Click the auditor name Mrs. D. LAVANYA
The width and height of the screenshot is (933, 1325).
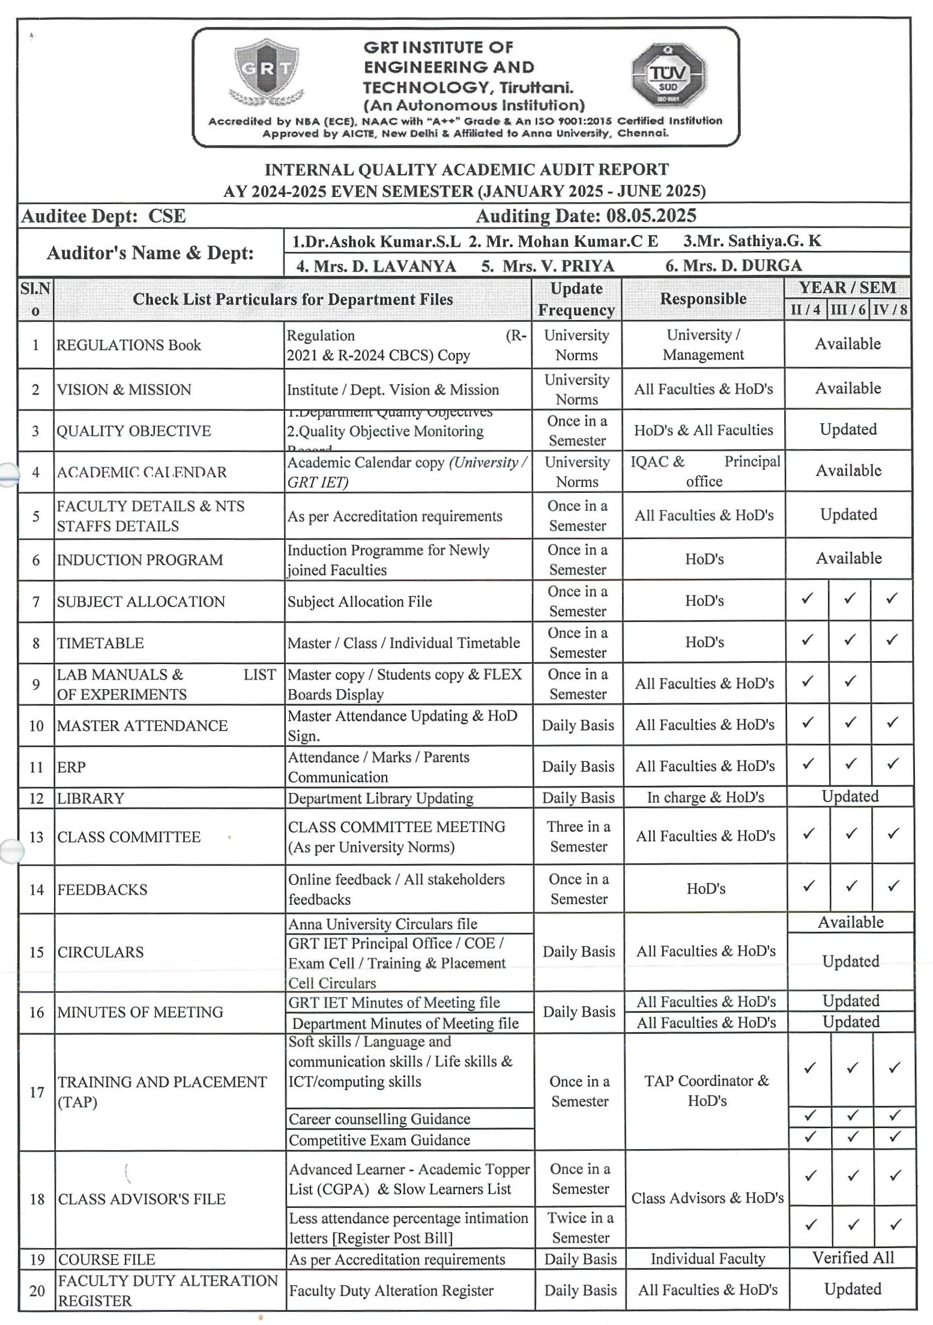pyautogui.click(x=376, y=266)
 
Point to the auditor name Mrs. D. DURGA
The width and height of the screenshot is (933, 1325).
pyautogui.click(x=733, y=265)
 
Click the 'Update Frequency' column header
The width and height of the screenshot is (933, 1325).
pyautogui.click(x=576, y=299)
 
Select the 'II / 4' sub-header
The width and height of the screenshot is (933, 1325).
pyautogui.click(x=805, y=310)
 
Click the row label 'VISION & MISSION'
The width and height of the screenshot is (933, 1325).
pyautogui.click(x=124, y=390)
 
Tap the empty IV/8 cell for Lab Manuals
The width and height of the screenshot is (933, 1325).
pyautogui.click(x=892, y=683)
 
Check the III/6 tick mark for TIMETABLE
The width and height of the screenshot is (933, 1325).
pyautogui.click(x=850, y=640)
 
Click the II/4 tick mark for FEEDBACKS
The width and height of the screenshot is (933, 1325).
pyautogui.click(x=809, y=886)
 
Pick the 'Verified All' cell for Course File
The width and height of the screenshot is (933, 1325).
pyautogui.click(x=853, y=1258)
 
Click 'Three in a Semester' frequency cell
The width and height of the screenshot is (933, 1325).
pyautogui.click(x=579, y=836)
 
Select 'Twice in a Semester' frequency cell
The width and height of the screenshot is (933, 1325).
pyautogui.click(x=581, y=1227)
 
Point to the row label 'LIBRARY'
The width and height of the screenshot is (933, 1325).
pyautogui.click(x=91, y=798)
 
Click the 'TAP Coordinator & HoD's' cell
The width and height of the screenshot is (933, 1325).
pyautogui.click(x=707, y=1091)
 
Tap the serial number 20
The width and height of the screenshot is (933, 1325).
pyautogui.click(x=37, y=1290)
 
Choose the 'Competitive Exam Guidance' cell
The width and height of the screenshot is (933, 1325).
pyautogui.click(x=379, y=1140)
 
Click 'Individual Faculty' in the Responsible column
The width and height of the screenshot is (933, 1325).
pyautogui.click(x=707, y=1258)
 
